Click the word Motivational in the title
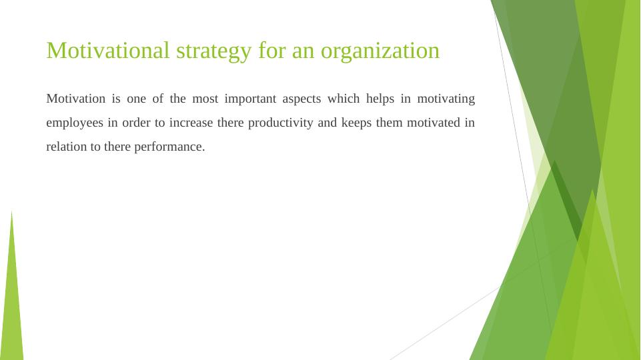click(x=108, y=50)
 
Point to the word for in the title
click(x=272, y=50)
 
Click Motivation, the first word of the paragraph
click(x=75, y=99)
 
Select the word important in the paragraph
click(x=250, y=99)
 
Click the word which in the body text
click(x=344, y=99)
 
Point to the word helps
click(x=380, y=99)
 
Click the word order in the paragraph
click(x=136, y=123)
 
